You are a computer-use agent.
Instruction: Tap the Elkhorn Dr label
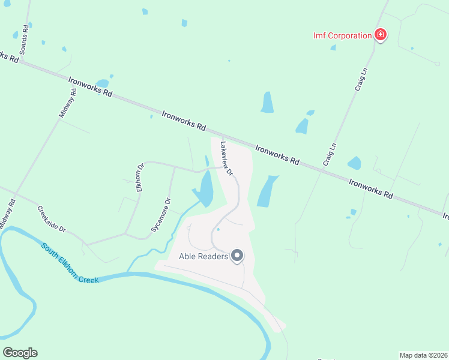click(140, 177)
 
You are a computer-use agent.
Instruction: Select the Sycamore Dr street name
click(161, 215)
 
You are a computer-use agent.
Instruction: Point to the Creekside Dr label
click(51, 220)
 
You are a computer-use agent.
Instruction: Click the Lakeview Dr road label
click(226, 158)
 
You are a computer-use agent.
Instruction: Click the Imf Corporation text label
click(342, 35)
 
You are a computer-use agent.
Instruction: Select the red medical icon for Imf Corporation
click(380, 35)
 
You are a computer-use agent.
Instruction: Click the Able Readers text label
click(203, 256)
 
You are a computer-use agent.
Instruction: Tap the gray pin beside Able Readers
click(237, 256)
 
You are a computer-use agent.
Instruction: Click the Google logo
click(20, 352)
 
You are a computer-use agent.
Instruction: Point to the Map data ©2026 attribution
click(423, 355)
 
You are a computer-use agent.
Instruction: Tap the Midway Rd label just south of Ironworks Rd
click(67, 102)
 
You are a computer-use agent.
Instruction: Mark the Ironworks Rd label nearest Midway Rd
click(91, 86)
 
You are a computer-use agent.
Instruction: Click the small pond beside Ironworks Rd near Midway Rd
click(103, 83)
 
